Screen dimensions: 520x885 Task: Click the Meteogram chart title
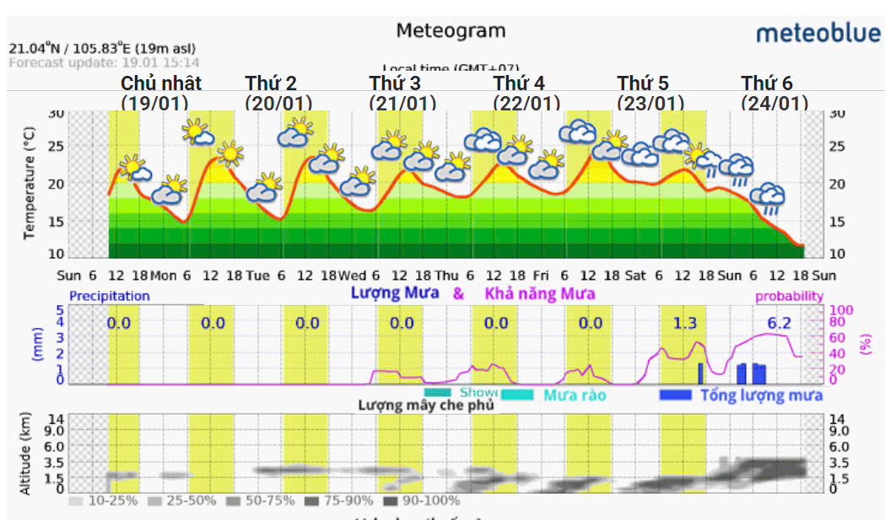pyautogui.click(x=451, y=31)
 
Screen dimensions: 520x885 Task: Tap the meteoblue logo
pyautogui.click(x=818, y=33)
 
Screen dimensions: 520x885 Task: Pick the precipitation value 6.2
pyautogui.click(x=779, y=323)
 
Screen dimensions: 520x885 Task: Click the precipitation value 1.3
pyautogui.click(x=685, y=323)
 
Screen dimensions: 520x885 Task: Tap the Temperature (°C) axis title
pyautogui.click(x=30, y=184)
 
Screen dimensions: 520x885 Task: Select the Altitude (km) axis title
pyautogui.click(x=25, y=453)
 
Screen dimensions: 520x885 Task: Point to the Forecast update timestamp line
pyautogui.click(x=105, y=62)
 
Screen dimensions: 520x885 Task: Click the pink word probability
pyautogui.click(x=789, y=296)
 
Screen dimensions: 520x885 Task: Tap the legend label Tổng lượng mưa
pyautogui.click(x=762, y=395)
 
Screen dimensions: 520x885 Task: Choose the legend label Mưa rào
pyautogui.click(x=574, y=394)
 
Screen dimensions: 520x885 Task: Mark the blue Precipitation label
pyautogui.click(x=109, y=296)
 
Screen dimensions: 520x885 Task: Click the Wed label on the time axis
pyautogui.click(x=353, y=276)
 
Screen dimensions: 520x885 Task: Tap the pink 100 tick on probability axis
pyautogui.click(x=843, y=310)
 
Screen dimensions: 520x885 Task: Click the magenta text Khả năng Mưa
pyautogui.click(x=539, y=293)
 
